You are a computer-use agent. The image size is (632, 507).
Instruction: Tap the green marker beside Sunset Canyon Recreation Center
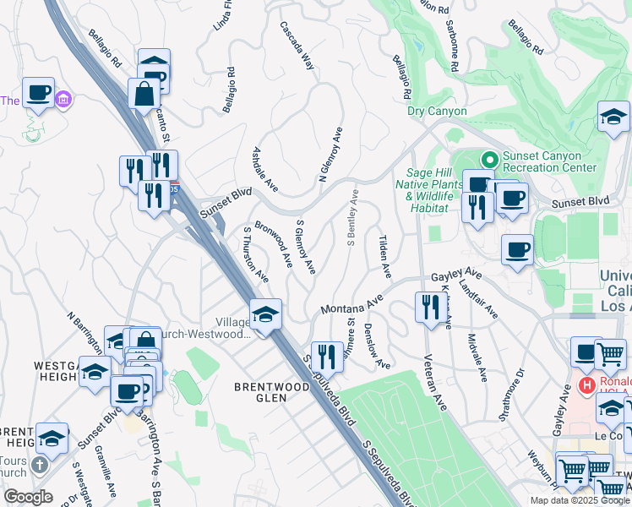pos(488,158)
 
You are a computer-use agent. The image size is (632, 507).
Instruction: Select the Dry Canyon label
pos(437,111)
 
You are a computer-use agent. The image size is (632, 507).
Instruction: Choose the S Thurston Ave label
pos(255,253)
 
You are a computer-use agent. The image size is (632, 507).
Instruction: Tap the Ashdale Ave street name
pos(265,168)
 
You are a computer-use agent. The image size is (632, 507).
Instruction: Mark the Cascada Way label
pos(297,46)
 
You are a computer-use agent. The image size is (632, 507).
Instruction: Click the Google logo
pos(28,497)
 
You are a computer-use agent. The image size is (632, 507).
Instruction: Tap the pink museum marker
pos(63,101)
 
